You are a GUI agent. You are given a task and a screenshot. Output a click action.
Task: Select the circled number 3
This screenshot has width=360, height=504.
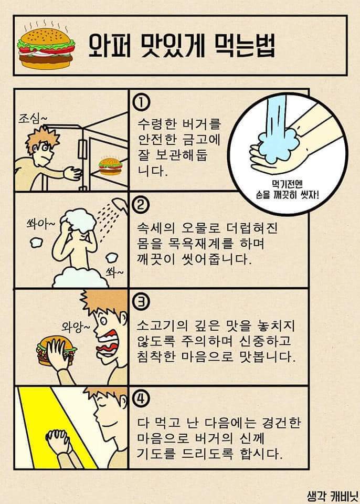[x=140, y=302]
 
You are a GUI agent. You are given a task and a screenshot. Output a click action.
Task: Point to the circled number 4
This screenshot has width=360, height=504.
[x=140, y=400]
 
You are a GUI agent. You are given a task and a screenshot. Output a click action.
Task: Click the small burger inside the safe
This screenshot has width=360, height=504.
[x=110, y=166]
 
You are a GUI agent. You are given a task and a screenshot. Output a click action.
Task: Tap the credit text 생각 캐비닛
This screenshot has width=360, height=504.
[x=332, y=495]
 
